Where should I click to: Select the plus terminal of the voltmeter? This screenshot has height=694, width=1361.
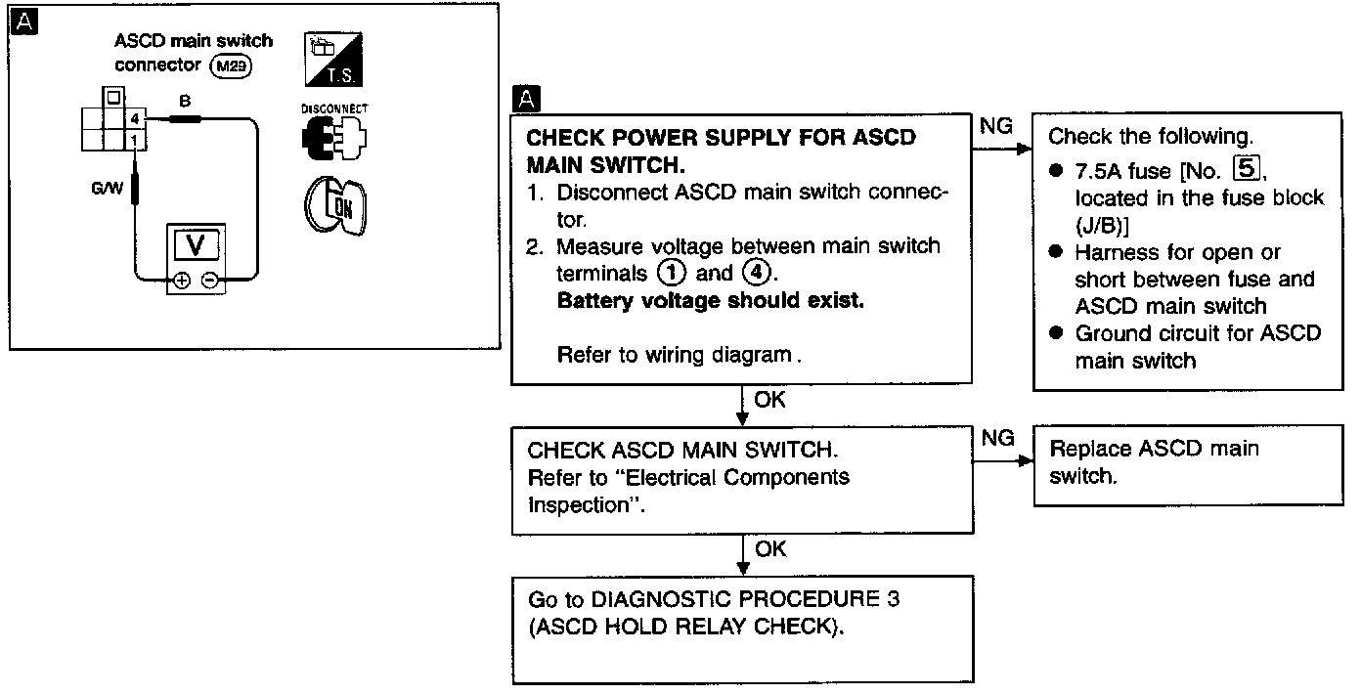(182, 282)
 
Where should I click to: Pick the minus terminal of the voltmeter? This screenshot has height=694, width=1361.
(208, 282)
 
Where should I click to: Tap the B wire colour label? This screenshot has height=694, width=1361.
(183, 101)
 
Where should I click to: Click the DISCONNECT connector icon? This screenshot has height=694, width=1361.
(334, 136)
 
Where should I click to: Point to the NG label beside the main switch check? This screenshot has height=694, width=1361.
(997, 439)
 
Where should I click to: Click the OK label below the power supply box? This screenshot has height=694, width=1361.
(769, 399)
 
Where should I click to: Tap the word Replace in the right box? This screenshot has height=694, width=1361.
(1090, 450)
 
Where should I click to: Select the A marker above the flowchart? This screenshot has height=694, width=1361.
(526, 98)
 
